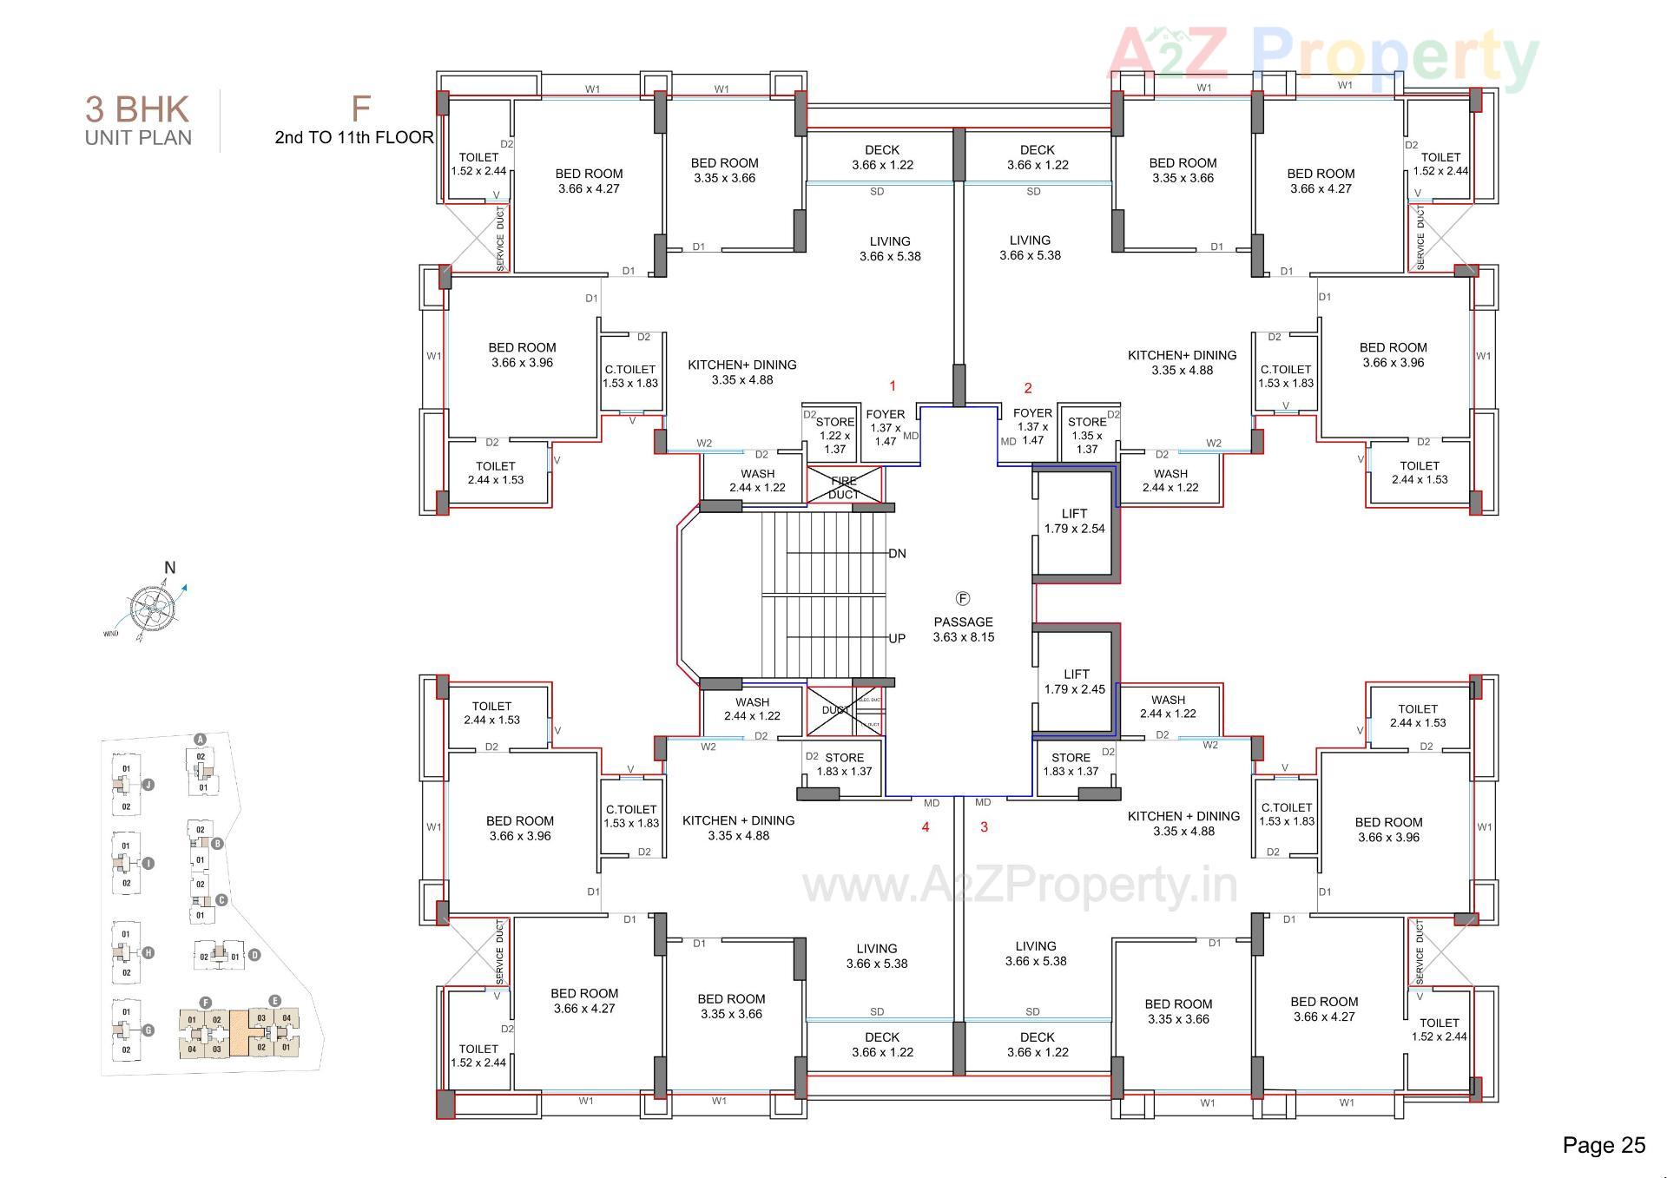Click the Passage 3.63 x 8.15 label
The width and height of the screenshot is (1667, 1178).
tap(963, 629)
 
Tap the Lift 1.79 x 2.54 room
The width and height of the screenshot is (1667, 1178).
tap(1074, 521)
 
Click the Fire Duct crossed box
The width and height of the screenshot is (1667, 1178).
tap(844, 487)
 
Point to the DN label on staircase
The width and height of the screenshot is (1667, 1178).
tap(897, 554)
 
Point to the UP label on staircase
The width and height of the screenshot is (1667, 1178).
tap(897, 639)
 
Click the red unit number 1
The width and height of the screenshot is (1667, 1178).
tap(893, 386)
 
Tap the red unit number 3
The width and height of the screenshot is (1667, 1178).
tap(984, 827)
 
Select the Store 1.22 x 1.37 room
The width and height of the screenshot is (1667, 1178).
tap(833, 435)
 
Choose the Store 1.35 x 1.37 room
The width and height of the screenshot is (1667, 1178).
tap(1087, 435)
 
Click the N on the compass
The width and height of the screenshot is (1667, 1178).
tap(170, 568)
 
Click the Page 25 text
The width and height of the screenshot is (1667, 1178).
tap(1604, 1146)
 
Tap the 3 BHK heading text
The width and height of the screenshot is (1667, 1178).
tap(137, 110)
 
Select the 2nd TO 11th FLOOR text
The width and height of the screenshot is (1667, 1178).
tap(353, 137)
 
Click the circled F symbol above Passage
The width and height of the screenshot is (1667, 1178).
tap(963, 599)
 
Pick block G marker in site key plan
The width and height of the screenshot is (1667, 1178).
tap(148, 1030)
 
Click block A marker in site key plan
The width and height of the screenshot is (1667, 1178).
tap(201, 740)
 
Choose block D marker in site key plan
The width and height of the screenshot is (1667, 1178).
tap(254, 955)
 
